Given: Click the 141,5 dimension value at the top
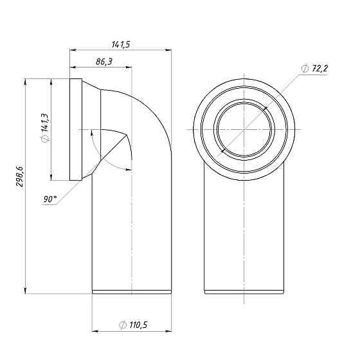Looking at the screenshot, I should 120,44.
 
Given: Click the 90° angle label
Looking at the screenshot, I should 50,199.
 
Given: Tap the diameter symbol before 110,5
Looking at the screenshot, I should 122,325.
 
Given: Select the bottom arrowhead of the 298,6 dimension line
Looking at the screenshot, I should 26,289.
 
